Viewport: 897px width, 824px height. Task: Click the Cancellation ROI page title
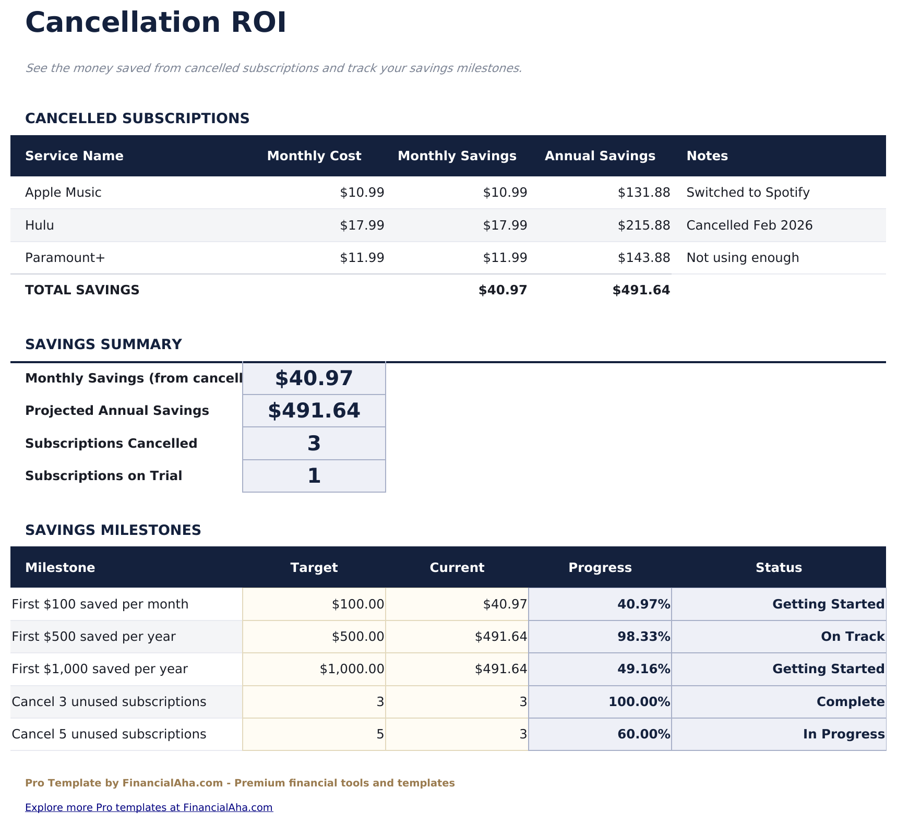coord(156,23)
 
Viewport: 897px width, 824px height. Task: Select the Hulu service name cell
coord(40,225)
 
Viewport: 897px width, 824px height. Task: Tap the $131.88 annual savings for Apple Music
coord(643,193)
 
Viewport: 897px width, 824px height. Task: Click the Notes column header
coord(707,156)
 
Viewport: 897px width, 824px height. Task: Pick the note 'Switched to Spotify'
coord(748,193)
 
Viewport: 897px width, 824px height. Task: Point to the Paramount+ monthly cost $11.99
coord(362,258)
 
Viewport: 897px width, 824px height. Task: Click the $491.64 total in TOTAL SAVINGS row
coord(641,290)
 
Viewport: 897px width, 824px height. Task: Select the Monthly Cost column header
coord(314,156)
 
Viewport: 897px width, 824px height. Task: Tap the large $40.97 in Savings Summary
coord(314,378)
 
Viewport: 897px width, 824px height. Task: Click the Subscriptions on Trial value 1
coord(314,476)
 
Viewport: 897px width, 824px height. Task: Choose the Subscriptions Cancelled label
coord(111,444)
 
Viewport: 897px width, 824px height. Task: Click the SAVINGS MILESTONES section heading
coord(113,530)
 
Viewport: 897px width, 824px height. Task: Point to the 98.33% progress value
coord(643,637)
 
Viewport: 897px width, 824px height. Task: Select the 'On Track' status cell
coord(852,637)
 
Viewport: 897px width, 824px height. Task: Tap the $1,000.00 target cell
coord(352,669)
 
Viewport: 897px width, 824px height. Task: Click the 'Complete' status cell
coord(850,702)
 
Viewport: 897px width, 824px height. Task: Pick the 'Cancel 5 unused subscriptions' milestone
coord(109,734)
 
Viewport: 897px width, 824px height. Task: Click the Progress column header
coord(600,568)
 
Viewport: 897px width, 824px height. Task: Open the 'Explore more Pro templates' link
coord(149,808)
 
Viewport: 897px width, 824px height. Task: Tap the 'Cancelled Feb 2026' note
coord(749,225)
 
